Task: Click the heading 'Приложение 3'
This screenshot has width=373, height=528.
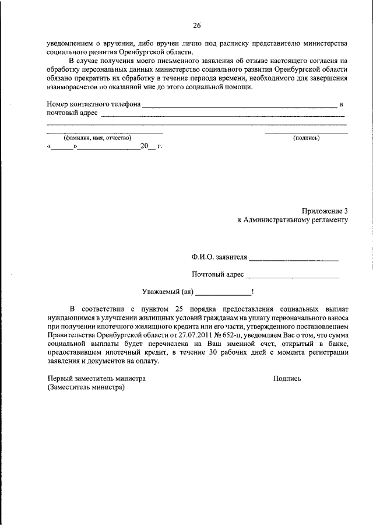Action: (x=325, y=210)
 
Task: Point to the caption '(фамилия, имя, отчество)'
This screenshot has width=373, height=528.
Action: (x=97, y=138)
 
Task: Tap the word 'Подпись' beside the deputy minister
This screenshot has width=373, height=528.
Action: (x=287, y=378)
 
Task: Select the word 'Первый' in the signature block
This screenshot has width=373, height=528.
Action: (x=59, y=378)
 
